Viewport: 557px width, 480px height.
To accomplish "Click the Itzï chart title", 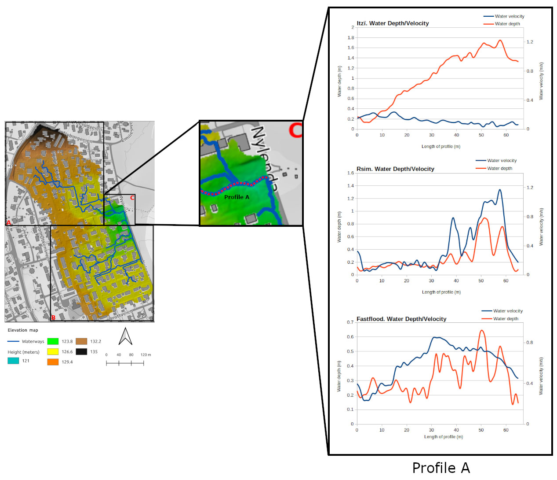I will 393,23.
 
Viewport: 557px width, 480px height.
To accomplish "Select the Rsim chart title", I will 395,169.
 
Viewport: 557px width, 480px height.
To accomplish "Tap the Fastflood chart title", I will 401,319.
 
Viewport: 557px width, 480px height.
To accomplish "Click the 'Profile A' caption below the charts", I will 441,468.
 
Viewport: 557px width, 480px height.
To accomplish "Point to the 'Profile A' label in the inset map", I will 237,197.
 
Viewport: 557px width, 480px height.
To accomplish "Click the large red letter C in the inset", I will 295,130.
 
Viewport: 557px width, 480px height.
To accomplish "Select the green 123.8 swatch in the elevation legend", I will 53,341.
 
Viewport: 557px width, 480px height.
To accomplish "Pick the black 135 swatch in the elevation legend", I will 81,351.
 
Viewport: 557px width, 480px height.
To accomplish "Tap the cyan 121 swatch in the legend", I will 13,361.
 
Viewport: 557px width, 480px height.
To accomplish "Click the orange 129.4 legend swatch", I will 53,362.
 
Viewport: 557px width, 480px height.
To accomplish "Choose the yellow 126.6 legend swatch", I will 53,351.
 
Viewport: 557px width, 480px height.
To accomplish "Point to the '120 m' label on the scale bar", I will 146,355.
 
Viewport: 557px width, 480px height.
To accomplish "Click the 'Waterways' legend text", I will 33,342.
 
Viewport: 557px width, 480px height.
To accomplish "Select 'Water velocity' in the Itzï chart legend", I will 510,16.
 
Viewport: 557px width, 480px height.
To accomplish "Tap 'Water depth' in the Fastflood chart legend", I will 506,319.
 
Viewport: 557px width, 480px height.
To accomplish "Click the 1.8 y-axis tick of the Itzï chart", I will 351,38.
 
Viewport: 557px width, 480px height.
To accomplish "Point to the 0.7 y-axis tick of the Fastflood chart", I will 350,322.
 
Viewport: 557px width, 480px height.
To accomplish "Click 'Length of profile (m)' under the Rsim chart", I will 441,292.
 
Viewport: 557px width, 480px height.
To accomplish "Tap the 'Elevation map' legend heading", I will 23,330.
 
